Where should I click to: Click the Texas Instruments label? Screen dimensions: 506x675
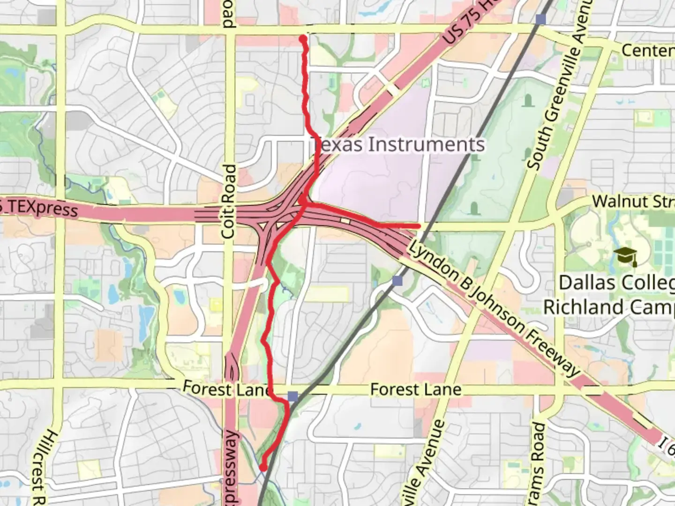click(x=397, y=144)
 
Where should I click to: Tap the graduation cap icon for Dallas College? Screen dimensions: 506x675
click(x=626, y=257)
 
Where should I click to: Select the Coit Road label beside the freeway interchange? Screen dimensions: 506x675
click(x=229, y=201)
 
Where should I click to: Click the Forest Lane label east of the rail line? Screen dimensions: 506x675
click(x=415, y=389)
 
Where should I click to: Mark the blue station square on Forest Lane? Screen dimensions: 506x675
click(x=293, y=397)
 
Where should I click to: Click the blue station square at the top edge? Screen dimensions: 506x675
click(x=541, y=19)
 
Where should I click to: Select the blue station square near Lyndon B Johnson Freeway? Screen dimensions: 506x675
click(x=397, y=281)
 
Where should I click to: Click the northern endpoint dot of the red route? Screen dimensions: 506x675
click(x=303, y=38)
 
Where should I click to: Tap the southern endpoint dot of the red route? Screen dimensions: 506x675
click(x=263, y=467)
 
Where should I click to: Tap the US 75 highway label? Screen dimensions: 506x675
click(x=464, y=23)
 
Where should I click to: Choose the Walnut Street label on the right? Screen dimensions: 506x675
click(x=633, y=202)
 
